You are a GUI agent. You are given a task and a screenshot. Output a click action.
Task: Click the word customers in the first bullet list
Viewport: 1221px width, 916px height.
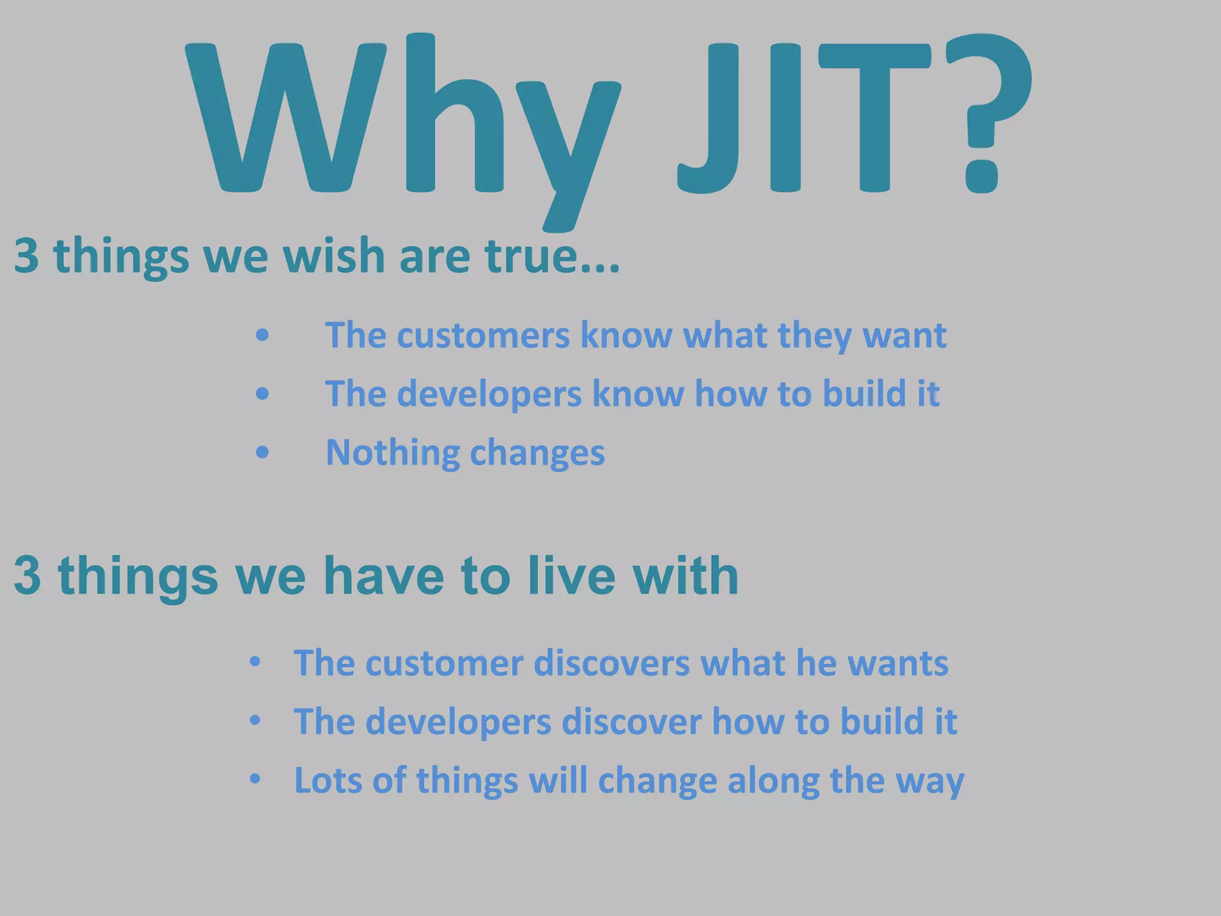click(x=483, y=335)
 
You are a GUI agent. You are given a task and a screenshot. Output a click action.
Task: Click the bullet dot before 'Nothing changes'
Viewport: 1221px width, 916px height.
click(x=262, y=453)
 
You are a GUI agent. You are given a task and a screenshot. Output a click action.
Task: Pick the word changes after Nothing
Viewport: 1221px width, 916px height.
click(x=537, y=453)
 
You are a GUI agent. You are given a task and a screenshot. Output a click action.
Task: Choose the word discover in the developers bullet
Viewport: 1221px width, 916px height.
click(x=631, y=722)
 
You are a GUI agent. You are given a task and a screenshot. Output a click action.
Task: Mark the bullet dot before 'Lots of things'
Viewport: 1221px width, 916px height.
click(x=255, y=779)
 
